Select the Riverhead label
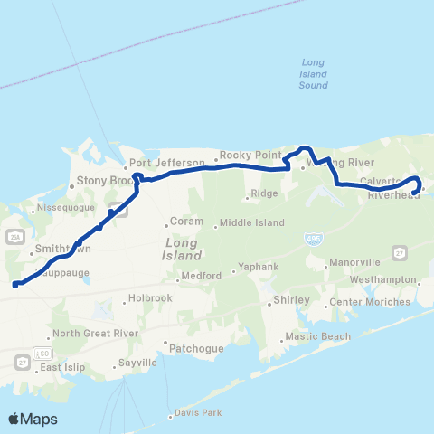[389, 193]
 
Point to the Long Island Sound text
[314, 74]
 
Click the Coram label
[184, 222]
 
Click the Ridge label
[264, 194]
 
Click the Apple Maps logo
[33, 419]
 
